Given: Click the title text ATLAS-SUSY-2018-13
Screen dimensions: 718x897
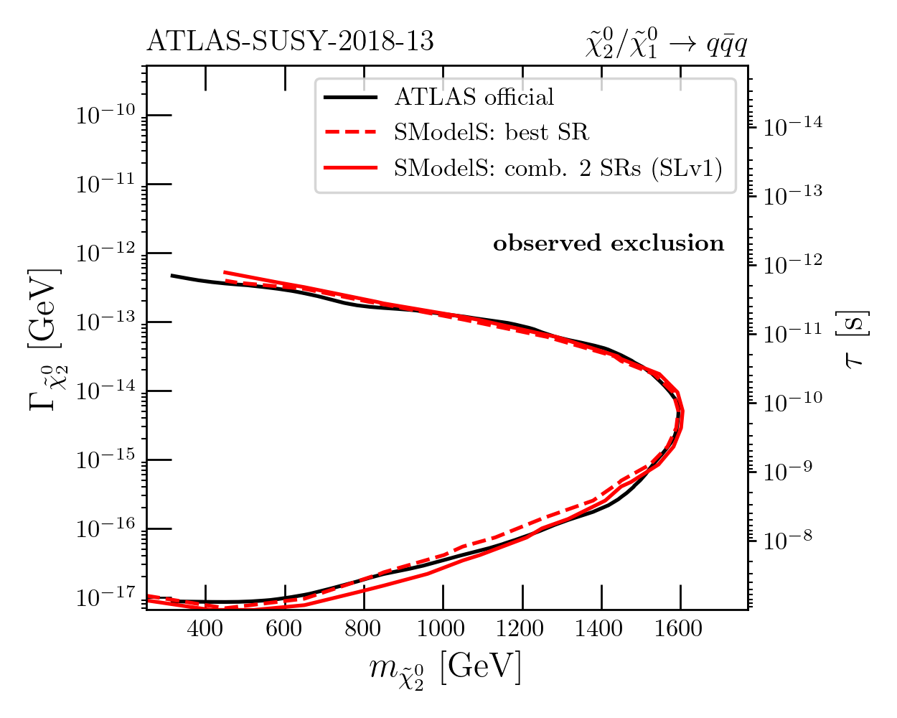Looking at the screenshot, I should tap(290, 42).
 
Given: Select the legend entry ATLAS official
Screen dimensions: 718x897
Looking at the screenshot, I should tap(474, 97).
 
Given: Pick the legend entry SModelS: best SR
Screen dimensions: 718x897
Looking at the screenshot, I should tap(491, 132).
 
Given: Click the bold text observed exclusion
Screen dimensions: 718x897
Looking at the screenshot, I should tap(609, 243).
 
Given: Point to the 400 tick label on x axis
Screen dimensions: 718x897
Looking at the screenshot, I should tap(205, 630).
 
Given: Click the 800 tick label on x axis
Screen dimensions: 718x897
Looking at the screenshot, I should tap(364, 630).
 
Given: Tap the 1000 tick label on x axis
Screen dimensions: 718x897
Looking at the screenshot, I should tap(441, 630).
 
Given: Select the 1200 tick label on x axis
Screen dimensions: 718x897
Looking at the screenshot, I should tap(521, 630).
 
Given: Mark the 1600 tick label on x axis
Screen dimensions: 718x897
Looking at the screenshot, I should tap(680, 630).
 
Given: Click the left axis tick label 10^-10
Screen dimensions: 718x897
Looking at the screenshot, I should tap(105, 115).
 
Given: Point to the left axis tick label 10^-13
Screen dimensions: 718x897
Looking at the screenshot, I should tap(105, 322).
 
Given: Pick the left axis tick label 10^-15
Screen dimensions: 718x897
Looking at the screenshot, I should tap(105, 460).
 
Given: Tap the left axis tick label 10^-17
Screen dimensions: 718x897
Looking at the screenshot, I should tap(105, 597).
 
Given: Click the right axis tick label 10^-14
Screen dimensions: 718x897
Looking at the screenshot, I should tap(792, 127).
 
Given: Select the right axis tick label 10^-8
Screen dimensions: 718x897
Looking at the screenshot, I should tap(788, 540).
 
